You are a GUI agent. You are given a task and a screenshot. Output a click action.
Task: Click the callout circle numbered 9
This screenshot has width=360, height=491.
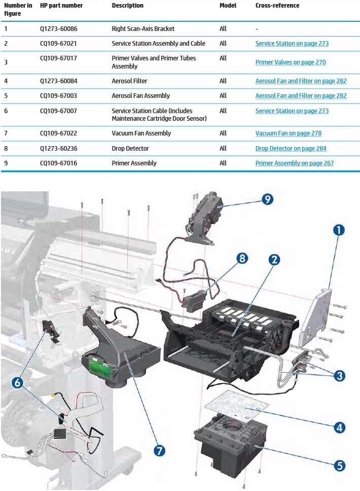tap(267, 199)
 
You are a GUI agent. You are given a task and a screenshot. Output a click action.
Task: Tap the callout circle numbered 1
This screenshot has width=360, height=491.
tap(338, 230)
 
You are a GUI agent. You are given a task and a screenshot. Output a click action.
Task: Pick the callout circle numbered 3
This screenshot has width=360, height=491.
tap(339, 375)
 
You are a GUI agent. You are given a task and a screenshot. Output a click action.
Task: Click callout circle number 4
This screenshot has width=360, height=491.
tap(339, 427)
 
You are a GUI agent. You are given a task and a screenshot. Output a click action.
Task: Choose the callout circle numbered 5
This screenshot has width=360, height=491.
tap(339, 465)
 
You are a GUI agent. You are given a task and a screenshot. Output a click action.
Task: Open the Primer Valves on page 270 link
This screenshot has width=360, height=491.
tap(291, 62)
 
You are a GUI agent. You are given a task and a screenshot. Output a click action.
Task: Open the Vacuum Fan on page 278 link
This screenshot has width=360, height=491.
tap(288, 133)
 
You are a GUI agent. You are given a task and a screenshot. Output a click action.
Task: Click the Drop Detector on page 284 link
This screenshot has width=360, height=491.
tap(291, 149)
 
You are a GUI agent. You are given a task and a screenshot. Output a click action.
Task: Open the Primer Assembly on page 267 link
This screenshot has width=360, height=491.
tap(294, 163)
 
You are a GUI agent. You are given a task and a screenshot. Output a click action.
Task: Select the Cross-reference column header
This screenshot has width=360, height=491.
tap(277, 6)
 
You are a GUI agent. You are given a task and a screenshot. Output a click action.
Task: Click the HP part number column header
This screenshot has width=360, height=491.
tap(61, 6)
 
